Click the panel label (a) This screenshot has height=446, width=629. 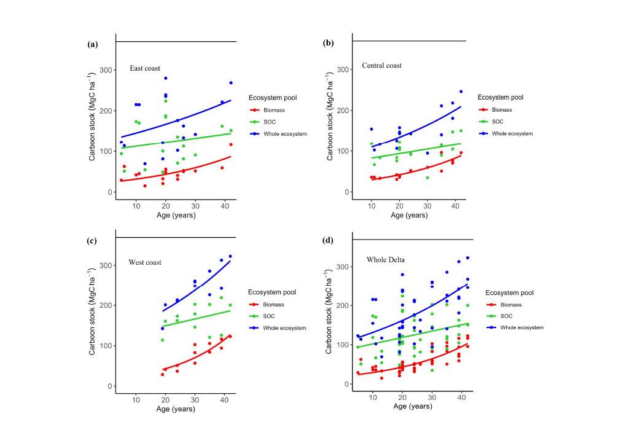93,44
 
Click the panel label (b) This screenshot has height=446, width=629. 329,44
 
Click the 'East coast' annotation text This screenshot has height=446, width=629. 145,68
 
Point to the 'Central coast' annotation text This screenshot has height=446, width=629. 381,65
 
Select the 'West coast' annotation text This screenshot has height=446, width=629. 145,262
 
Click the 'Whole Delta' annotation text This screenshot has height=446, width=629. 386,260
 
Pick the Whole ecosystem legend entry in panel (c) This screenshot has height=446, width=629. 283,328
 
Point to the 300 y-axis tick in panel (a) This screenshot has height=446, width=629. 106,71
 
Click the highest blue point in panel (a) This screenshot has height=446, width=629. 166,78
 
